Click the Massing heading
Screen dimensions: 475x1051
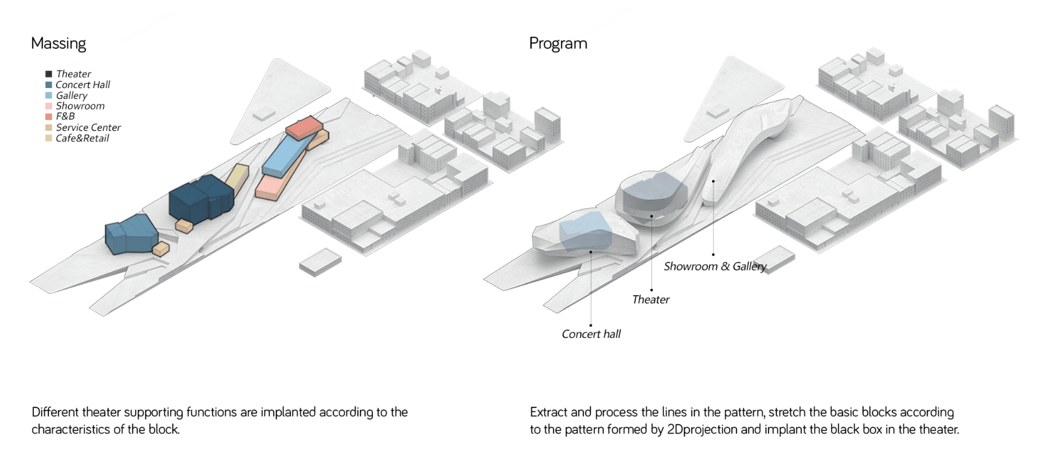(x=58, y=44)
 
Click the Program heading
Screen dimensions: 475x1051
(x=558, y=44)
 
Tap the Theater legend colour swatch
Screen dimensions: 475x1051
(x=49, y=74)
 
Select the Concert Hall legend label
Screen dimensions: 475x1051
(x=83, y=84)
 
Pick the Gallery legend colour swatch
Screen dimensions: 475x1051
(x=49, y=95)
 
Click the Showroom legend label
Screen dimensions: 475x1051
(x=80, y=106)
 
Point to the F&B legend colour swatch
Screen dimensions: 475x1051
(x=49, y=117)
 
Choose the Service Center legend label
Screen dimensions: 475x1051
(x=88, y=127)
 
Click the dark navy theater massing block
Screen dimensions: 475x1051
(x=200, y=200)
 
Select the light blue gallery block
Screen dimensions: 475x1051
(x=284, y=155)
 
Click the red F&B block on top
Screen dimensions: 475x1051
(x=304, y=127)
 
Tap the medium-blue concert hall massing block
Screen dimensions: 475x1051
(x=131, y=235)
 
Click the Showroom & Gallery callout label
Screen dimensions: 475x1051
(x=715, y=266)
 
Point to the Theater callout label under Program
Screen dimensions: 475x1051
(x=650, y=300)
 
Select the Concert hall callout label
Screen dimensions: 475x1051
(x=591, y=334)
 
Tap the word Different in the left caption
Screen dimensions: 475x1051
(x=55, y=412)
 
